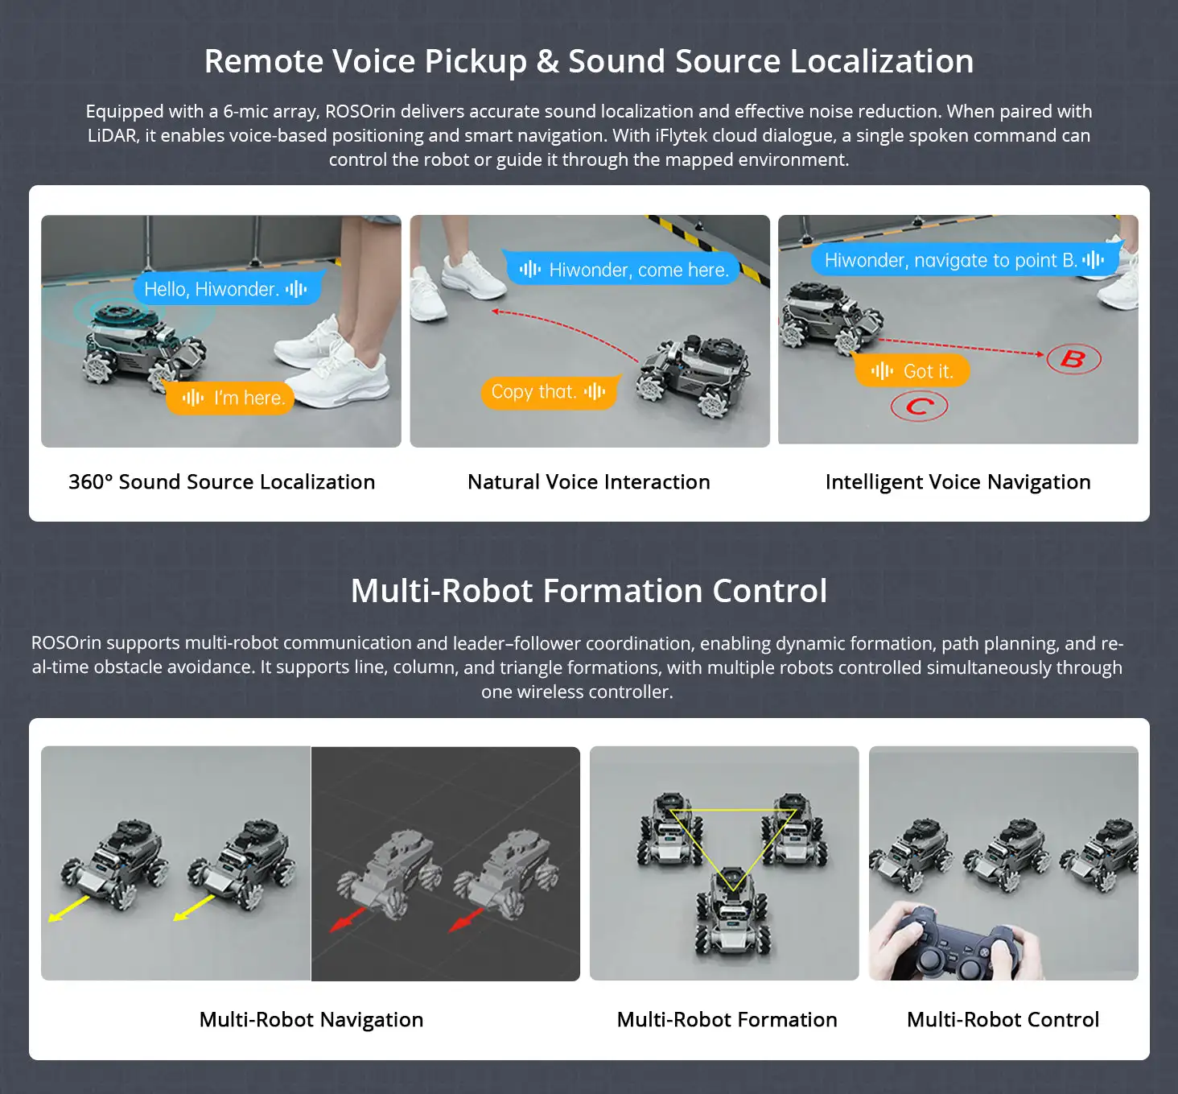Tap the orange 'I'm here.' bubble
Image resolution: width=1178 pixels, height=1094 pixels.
click(x=231, y=397)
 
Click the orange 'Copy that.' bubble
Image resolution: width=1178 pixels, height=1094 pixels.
click(x=550, y=392)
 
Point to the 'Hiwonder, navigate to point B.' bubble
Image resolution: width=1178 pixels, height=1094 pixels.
click(x=966, y=260)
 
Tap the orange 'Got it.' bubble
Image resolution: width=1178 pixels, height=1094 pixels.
click(x=911, y=370)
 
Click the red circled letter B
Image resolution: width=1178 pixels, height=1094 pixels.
click(x=1073, y=358)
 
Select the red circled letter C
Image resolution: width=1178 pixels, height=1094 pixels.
click(x=919, y=407)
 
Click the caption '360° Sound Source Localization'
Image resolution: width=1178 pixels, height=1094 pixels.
click(x=222, y=481)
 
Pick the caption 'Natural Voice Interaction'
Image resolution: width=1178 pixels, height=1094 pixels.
click(x=588, y=481)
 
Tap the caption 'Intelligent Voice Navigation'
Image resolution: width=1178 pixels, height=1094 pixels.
click(x=958, y=482)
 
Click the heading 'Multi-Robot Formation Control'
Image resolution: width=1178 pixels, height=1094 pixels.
click(x=588, y=591)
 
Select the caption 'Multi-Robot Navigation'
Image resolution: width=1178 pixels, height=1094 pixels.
click(x=311, y=1019)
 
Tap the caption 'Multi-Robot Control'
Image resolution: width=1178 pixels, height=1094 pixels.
click(x=1003, y=1019)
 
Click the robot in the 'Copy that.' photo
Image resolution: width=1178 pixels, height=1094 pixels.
click(x=694, y=374)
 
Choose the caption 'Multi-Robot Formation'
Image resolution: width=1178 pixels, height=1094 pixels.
click(x=727, y=1019)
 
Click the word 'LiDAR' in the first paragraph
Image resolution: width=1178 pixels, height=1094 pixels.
click(x=113, y=135)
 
